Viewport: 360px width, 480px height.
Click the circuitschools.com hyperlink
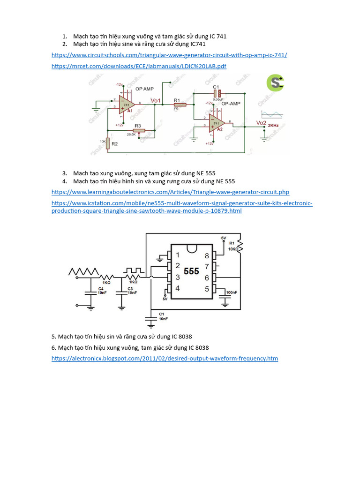tap(169, 55)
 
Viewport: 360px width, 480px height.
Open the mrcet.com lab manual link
tap(139, 66)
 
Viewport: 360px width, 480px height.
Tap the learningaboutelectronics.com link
tap(170, 192)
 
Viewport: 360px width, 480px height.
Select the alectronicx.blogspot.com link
tap(165, 359)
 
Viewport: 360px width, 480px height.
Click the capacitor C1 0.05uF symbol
tap(216, 93)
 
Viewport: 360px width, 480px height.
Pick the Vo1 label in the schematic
tap(156, 100)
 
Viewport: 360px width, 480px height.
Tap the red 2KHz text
tap(273, 126)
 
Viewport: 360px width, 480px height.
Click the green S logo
tap(275, 83)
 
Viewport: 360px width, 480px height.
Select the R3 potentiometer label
tap(137, 126)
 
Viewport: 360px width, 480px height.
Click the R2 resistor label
tap(115, 144)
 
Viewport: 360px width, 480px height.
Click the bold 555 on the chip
tap(191, 271)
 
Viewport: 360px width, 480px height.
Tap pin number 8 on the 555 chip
tap(207, 255)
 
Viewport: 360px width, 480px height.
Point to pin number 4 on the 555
tap(177, 288)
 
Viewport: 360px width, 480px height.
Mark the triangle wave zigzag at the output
tap(83, 271)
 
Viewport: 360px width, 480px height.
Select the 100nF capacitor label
tap(231, 292)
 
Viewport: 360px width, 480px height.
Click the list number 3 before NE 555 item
tap(64, 173)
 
